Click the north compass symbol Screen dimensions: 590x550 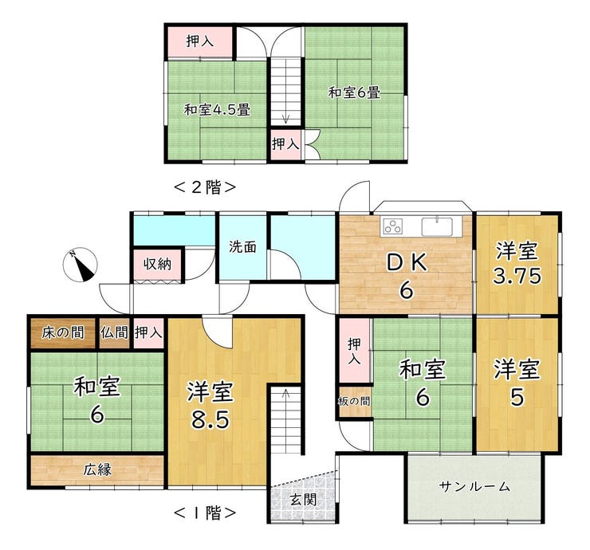tap(81, 265)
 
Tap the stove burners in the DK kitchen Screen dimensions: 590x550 tap(393, 226)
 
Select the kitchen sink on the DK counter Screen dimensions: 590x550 tap(437, 226)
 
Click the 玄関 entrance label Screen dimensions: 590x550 tap(303, 500)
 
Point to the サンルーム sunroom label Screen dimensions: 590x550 tap(474, 487)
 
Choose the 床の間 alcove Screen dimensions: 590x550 tap(62, 333)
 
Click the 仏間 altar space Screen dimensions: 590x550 tap(114, 333)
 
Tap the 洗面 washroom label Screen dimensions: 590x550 tap(242, 247)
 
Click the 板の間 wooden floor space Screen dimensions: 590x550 tap(354, 402)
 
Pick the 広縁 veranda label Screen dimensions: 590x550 tap(97, 469)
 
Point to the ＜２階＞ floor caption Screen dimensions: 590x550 tap(205, 187)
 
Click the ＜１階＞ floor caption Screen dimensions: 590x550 tap(205, 512)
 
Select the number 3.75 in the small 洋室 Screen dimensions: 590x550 tap(517, 277)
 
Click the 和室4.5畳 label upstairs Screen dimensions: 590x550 tap(217, 110)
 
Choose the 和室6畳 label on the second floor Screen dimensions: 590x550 tap(354, 92)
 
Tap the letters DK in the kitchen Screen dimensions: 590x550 tap(407, 261)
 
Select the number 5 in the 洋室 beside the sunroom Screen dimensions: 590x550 tap(517, 397)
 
